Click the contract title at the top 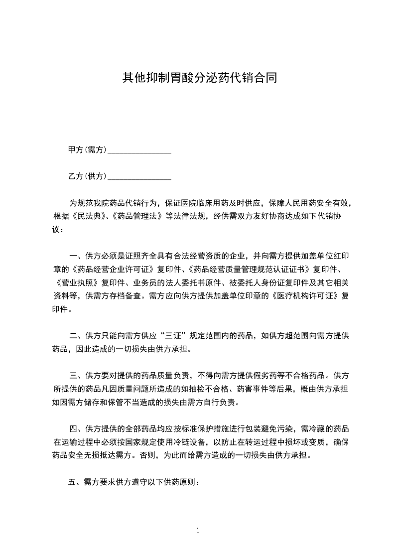199,78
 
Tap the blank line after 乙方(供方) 139,177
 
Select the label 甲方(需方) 87,149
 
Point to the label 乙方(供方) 87,176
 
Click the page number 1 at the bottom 198,530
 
